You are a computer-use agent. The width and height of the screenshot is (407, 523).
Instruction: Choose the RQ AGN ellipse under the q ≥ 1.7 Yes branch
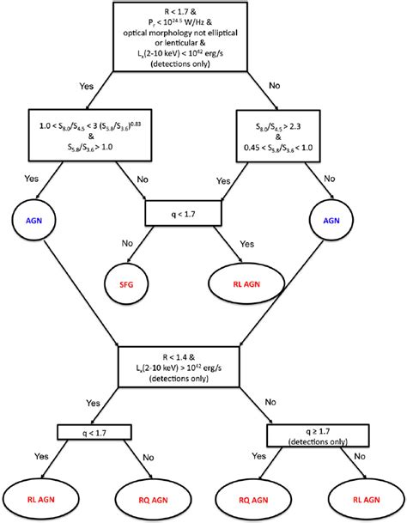pyautogui.click(x=264, y=498)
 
